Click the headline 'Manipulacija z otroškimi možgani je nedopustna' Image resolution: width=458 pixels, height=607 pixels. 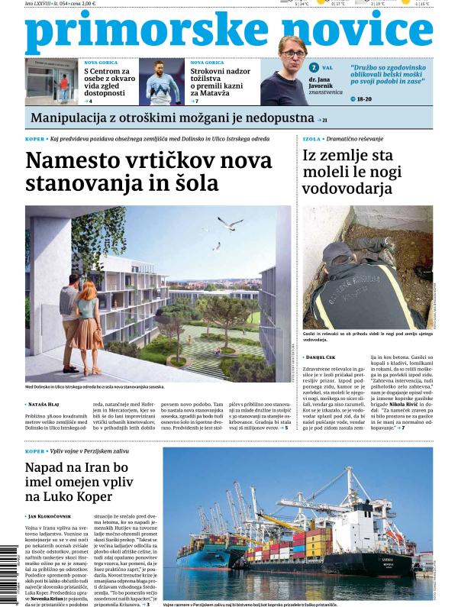click(173, 118)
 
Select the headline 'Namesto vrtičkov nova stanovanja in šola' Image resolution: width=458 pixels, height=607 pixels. click(149, 172)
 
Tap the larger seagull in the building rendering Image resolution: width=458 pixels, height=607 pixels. click(229, 223)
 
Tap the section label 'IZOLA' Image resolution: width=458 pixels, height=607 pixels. click(311, 139)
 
